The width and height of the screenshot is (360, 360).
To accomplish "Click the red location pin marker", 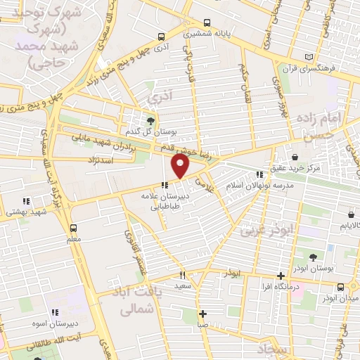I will tap(181, 166).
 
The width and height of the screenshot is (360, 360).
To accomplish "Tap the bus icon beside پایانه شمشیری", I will tap(206, 22).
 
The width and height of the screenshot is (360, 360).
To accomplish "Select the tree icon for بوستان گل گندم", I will tap(149, 120).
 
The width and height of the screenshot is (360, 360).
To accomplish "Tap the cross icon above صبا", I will tap(202, 314).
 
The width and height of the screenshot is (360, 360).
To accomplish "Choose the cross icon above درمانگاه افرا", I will tap(281, 275).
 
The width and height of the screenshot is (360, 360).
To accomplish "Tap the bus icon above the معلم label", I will tap(74, 228).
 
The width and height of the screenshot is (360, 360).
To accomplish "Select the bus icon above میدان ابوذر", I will tap(341, 287).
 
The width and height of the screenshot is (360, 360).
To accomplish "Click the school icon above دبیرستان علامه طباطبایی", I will tap(165, 186).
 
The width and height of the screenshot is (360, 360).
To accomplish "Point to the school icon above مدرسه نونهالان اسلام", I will tap(259, 174).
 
